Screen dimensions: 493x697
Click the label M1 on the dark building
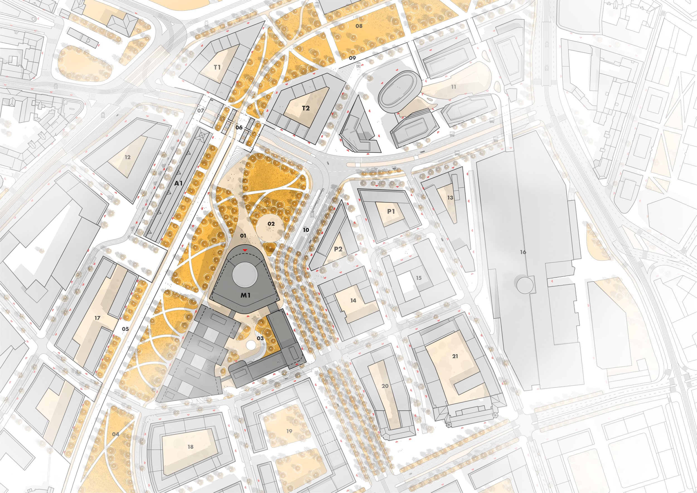click(245, 294)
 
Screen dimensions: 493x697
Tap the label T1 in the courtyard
click(217, 67)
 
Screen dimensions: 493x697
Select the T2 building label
click(306, 108)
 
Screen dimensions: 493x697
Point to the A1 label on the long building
click(178, 183)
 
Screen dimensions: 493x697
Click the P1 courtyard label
click(391, 211)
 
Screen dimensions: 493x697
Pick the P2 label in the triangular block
click(338, 249)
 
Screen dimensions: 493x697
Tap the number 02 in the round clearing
click(271, 224)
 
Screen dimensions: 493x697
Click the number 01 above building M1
click(243, 236)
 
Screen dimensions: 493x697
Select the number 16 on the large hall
click(523, 252)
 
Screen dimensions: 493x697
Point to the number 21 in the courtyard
click(455, 356)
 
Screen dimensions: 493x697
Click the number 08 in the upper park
click(359, 26)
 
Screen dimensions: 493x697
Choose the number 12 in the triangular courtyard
click(127, 157)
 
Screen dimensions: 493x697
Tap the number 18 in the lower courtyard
click(190, 446)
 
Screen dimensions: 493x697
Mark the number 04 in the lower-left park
click(116, 434)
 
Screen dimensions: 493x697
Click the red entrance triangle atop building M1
click(245, 250)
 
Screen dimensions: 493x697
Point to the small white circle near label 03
click(251, 345)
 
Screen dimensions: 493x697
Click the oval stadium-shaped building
click(400, 92)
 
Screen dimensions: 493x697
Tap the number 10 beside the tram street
click(306, 230)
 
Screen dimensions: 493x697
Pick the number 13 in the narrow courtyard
click(450, 198)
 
